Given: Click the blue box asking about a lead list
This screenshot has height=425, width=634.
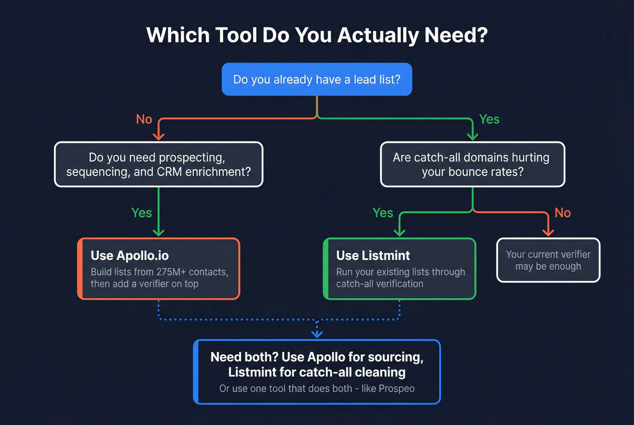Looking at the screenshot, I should click(x=317, y=79).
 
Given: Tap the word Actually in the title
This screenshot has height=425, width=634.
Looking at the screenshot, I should click(x=378, y=35).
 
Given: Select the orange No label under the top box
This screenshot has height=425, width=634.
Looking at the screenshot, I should click(x=144, y=119).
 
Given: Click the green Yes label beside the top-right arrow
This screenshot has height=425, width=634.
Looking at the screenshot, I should click(x=489, y=119).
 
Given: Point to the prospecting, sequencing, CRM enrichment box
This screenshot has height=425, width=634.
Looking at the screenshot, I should click(x=158, y=164).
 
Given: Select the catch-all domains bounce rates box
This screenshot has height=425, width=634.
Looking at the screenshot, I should click(x=472, y=164).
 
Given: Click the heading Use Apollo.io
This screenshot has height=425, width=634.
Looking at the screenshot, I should click(x=130, y=256).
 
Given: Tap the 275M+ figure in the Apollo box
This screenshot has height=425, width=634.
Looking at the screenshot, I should click(x=171, y=272).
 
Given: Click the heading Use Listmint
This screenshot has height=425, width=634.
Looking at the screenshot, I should click(x=373, y=256).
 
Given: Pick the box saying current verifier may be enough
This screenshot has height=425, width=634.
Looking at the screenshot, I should click(x=548, y=260).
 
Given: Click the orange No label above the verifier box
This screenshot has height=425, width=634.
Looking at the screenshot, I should click(x=562, y=213).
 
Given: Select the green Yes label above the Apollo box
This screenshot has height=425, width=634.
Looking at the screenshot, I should click(x=141, y=213).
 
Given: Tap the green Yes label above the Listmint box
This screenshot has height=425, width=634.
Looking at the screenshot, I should click(x=383, y=213).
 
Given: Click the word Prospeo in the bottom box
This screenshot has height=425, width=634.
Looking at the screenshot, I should click(x=396, y=388).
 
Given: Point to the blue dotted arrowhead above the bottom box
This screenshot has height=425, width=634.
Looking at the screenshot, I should click(x=317, y=334).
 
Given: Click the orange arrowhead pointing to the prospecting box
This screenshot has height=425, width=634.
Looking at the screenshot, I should click(x=158, y=136).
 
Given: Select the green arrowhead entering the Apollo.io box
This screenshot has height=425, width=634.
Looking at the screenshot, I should click(x=158, y=232).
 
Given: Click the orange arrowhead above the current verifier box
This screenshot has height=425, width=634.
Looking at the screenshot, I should click(x=548, y=232).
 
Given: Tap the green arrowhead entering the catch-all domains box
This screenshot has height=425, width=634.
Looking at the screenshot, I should click(x=472, y=136).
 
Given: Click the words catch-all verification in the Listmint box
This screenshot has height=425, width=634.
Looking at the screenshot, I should click(x=379, y=284).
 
